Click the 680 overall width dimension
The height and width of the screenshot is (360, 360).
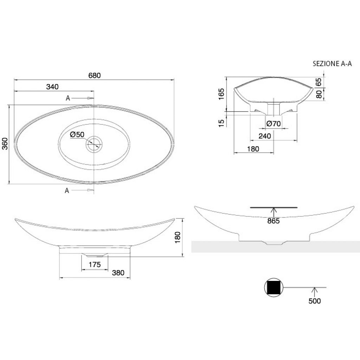(95, 75)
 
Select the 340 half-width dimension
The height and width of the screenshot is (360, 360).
(52, 87)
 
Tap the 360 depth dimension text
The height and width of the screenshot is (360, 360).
(5, 144)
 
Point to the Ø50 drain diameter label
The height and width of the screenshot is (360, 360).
(77, 135)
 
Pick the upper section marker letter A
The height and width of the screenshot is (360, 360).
(68, 98)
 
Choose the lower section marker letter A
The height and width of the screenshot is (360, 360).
(67, 191)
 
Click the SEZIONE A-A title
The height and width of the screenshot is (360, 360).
(332, 64)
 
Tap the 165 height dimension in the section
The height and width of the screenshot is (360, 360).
(221, 94)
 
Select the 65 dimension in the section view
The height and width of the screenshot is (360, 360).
(319, 82)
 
